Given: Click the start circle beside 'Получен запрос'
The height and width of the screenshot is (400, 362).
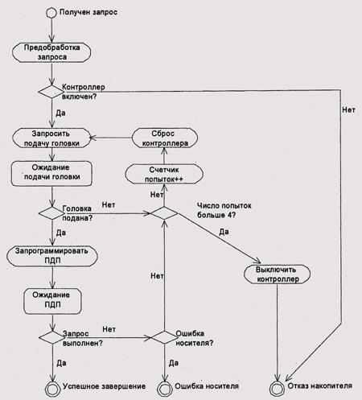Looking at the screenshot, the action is point(51,13).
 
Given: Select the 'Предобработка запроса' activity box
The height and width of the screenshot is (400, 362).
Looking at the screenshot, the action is point(51,52).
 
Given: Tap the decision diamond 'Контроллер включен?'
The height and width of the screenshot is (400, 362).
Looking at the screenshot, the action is point(51,92).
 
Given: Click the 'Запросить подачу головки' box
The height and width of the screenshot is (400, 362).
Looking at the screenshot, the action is point(51,138).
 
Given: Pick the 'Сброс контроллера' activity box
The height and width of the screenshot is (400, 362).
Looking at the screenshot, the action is point(165,138).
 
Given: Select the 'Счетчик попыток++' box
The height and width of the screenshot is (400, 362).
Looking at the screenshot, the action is point(164,174).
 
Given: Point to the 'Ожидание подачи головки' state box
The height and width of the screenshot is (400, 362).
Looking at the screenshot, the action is point(51,174).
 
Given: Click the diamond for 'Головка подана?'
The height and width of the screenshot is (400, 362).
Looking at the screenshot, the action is point(51,213).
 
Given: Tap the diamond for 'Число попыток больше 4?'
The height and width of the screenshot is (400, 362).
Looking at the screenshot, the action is point(164,213).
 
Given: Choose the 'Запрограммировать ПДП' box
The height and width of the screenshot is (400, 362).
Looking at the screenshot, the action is point(52,257).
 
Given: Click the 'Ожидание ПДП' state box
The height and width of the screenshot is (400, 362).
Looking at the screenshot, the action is point(52,301).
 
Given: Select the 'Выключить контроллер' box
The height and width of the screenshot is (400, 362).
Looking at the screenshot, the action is point(277,274).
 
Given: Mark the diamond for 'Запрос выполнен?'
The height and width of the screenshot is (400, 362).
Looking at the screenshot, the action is point(52,337).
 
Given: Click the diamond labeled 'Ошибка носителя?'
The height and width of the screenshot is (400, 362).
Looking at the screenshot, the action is point(164,337).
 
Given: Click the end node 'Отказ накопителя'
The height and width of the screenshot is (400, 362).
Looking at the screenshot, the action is point(277,388).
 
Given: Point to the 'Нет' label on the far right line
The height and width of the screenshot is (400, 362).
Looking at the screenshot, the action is point(348,110).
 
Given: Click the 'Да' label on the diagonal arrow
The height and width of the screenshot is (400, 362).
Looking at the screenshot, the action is point(224,232).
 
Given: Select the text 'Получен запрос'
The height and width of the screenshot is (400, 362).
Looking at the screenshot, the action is point(88,12).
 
